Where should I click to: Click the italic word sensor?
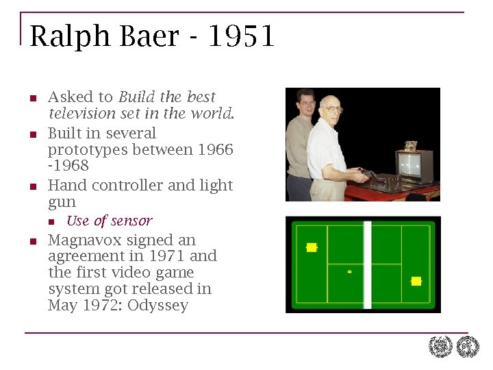(131, 221)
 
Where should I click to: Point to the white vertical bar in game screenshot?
(368, 264)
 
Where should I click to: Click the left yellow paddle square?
(312, 247)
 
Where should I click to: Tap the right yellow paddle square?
(416, 281)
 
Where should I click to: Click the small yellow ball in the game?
(349, 271)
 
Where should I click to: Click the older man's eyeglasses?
(333, 108)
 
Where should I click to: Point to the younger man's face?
(306, 105)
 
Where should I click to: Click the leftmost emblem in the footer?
(440, 347)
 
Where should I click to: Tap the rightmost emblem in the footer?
(468, 347)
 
